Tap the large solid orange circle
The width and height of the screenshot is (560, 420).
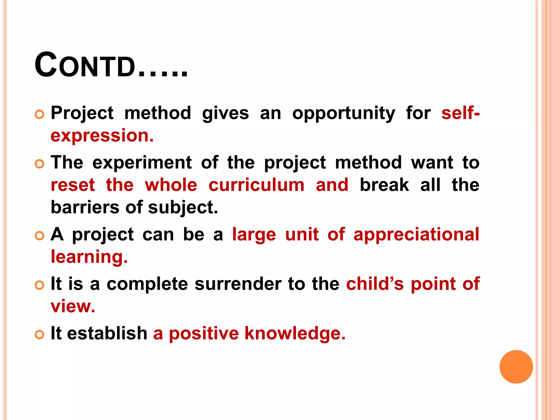click(516, 367)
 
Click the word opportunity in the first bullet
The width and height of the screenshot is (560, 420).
click(343, 113)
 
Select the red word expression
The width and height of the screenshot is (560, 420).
click(102, 136)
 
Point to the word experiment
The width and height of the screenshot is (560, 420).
click(142, 162)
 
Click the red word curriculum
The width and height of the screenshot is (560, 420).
click(256, 185)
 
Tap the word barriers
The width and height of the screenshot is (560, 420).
click(85, 207)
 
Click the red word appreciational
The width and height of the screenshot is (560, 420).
click(416, 235)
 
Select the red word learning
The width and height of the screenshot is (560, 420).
click(89, 257)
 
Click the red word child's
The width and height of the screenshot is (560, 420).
click(375, 284)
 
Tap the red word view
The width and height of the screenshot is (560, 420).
click(73, 306)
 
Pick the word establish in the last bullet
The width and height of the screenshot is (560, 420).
click(107, 333)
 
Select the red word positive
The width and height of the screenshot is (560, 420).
click(204, 334)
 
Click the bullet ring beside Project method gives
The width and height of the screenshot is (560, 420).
click(39, 114)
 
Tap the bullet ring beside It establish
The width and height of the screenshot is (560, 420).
click(39, 334)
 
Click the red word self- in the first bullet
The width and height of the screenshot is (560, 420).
click(460, 113)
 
